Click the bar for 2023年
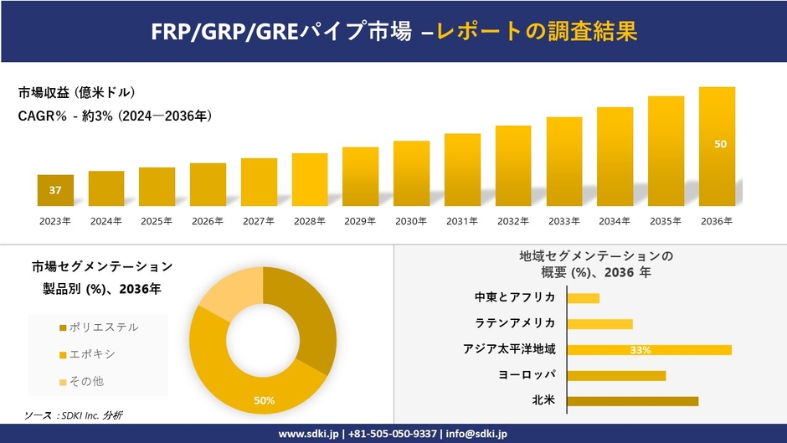(55, 191)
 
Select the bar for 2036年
(717, 147)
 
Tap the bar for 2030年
(411, 173)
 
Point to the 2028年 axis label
(309, 221)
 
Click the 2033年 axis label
(563, 221)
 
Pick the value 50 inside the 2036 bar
(720, 144)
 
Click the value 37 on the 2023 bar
(55, 190)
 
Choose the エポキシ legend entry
(93, 354)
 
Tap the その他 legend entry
(87, 381)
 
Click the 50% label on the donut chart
(264, 400)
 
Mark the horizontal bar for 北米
(632, 401)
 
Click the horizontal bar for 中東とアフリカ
(583, 298)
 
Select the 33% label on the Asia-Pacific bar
(640, 350)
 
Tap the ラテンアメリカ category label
(515, 323)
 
